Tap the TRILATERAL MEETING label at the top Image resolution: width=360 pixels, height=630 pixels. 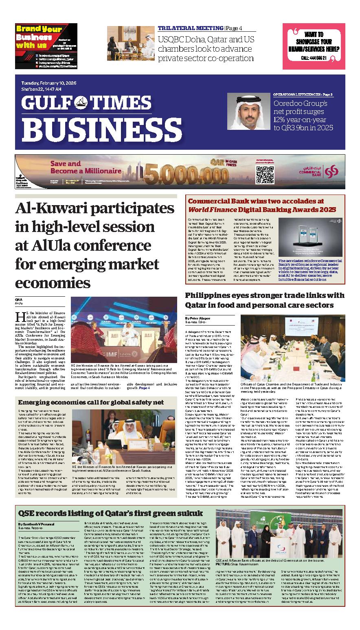coord(190,28)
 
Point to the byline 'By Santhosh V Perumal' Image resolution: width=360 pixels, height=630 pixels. coord(38,524)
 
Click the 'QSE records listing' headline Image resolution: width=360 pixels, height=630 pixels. coord(110,512)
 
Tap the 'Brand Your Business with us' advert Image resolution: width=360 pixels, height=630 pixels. coord(46,46)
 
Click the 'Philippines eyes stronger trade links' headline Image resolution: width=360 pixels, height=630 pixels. coord(264,300)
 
